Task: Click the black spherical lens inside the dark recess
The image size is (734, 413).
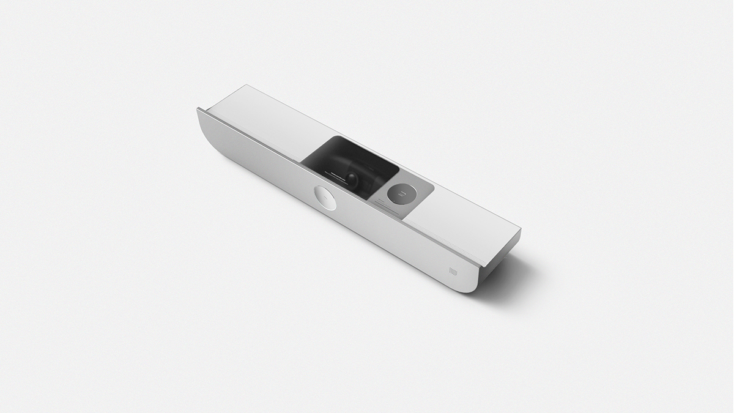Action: point(354,178)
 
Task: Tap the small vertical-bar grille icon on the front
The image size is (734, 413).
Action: point(453,270)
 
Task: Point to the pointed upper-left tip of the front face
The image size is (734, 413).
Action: point(198,109)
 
